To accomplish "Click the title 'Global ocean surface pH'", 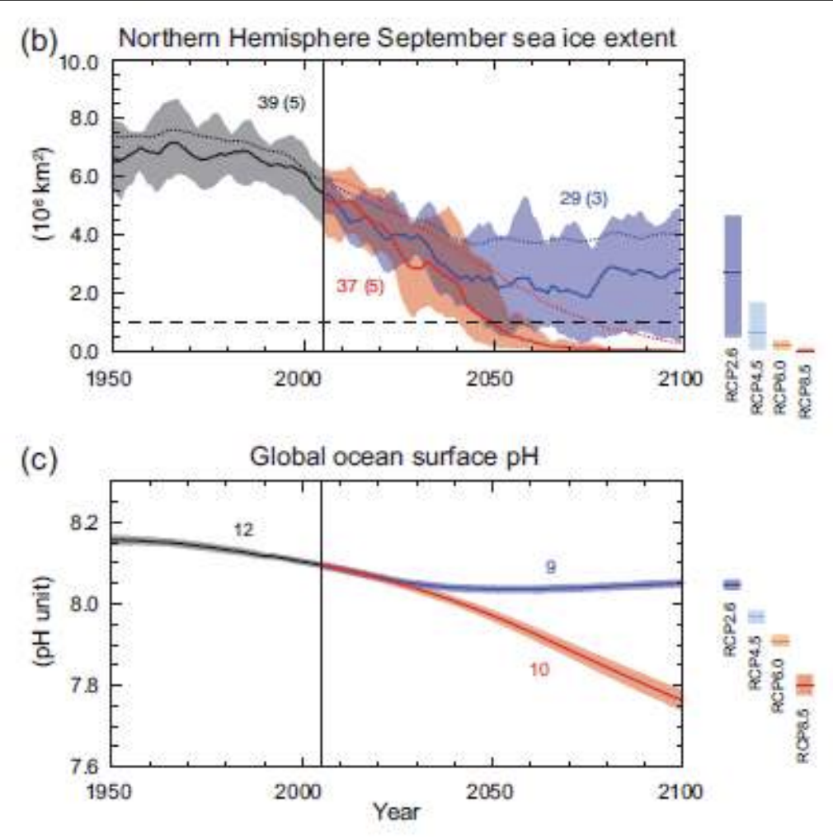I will pyautogui.click(x=396, y=455).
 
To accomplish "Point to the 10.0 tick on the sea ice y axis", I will pyautogui.click(x=81, y=63).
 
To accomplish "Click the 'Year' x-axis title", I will pyautogui.click(x=396, y=812).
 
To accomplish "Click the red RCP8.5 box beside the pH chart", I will pyautogui.click(x=803, y=685).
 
